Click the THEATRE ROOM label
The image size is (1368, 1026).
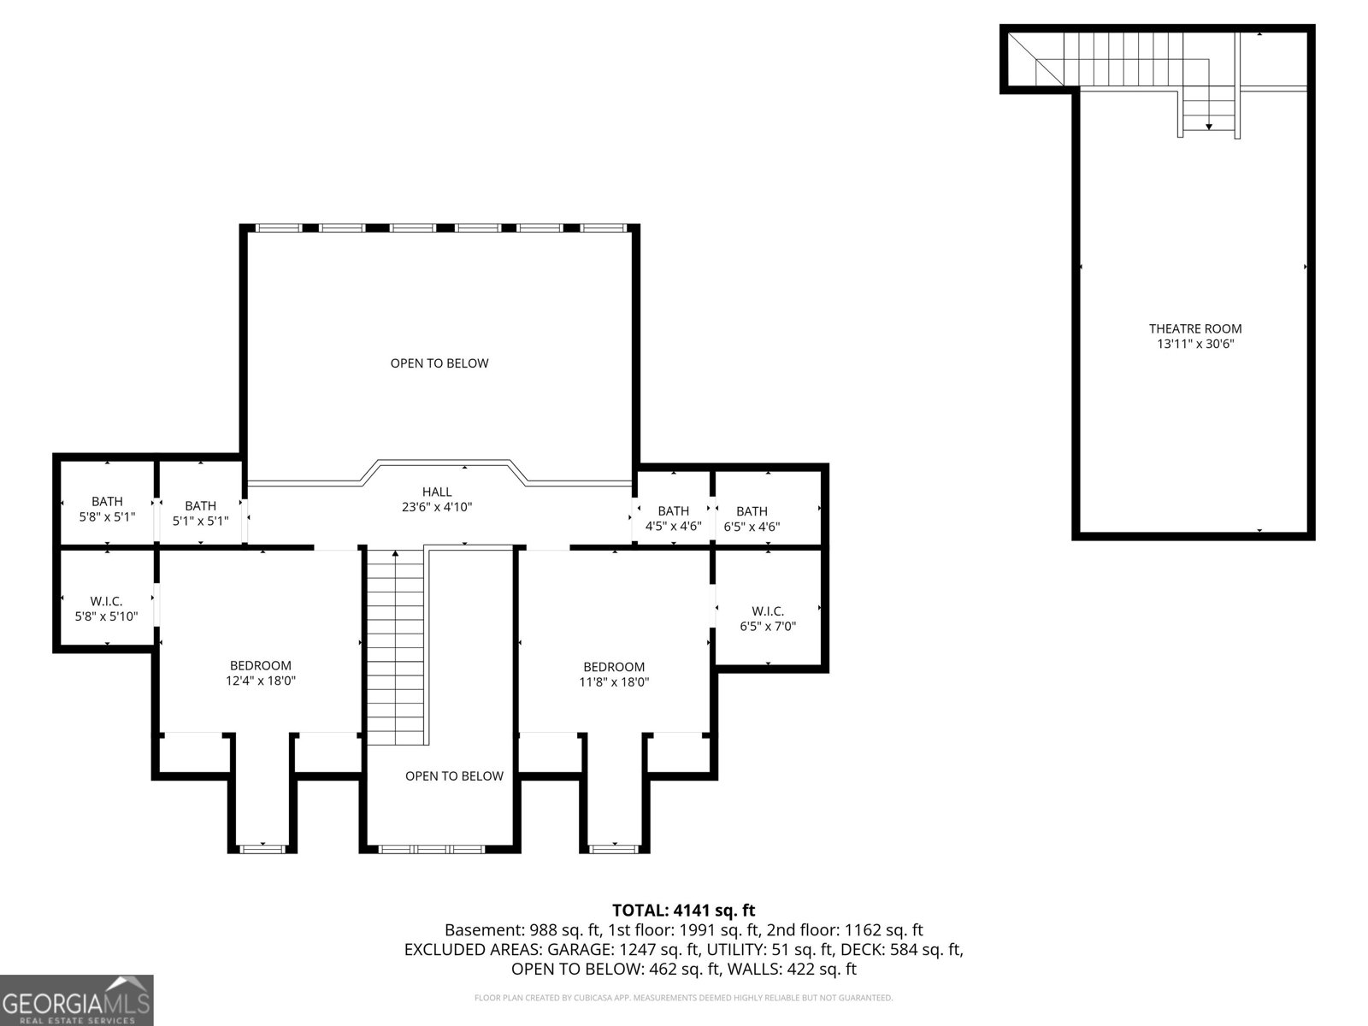tap(1194, 328)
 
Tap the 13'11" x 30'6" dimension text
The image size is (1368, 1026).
tap(1194, 344)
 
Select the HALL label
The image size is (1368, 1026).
tap(436, 492)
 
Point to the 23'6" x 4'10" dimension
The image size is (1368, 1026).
tap(436, 507)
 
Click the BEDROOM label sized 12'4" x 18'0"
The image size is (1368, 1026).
tap(261, 665)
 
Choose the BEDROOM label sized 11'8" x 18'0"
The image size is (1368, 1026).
tap(614, 667)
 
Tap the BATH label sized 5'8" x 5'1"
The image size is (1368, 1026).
tap(107, 502)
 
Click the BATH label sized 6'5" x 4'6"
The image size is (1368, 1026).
tap(752, 511)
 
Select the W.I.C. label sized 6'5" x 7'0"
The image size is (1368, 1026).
tap(768, 611)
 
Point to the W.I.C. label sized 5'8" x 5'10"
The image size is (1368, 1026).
tap(106, 601)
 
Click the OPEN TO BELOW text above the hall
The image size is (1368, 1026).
tap(439, 363)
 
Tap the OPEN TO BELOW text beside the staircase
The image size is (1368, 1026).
tap(454, 776)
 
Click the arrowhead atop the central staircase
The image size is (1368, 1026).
tap(395, 552)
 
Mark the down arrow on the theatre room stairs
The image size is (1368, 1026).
tap(1208, 127)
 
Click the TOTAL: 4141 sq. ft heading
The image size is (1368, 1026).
tap(684, 911)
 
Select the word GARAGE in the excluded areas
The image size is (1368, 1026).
tap(580, 950)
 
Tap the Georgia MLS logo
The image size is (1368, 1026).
tap(76, 999)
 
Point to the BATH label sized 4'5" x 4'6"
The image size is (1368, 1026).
tap(673, 511)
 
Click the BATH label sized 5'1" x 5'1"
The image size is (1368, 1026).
tap(201, 506)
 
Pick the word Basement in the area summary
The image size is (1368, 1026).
tap(484, 930)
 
